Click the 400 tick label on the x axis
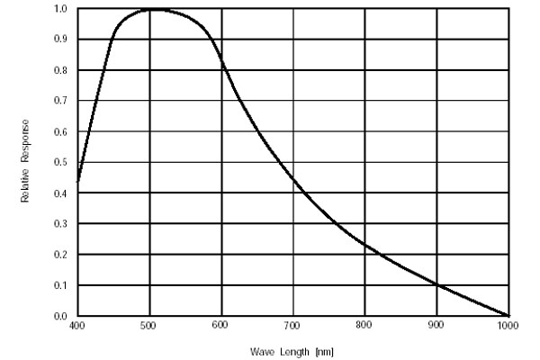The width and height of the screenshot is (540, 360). click(77, 325)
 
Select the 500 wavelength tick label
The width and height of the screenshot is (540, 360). click(149, 325)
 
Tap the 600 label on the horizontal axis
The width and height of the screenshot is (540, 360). click(221, 325)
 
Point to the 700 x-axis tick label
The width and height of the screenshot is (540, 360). click(293, 325)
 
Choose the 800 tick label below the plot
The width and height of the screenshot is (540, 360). click(364, 325)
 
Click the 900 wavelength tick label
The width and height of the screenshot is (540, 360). click(436, 325)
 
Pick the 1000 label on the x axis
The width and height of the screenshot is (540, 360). click(508, 325)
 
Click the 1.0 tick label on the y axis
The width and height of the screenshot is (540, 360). click(61, 9)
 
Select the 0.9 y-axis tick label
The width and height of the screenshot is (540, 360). click(61, 40)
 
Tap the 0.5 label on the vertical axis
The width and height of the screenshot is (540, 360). click(61, 163)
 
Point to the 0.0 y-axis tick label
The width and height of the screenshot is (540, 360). click(61, 316)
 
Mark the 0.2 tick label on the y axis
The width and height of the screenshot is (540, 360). click(61, 255)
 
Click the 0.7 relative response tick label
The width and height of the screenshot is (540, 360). click(61, 101)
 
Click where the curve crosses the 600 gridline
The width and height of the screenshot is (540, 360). click(221, 64)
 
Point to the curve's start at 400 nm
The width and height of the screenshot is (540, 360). click(78, 181)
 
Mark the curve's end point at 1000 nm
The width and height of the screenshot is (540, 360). click(508, 315)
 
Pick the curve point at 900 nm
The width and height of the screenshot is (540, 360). click(436, 284)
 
